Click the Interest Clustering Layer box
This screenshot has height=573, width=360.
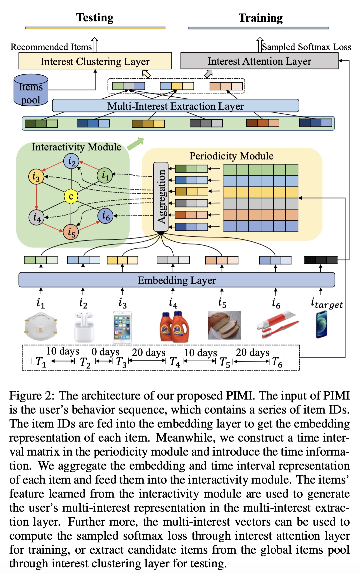(95, 61)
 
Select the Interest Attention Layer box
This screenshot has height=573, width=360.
(259, 61)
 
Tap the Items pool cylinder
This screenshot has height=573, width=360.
(31, 90)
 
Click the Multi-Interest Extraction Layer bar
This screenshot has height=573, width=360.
(175, 106)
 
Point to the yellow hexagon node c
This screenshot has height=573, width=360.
(71, 196)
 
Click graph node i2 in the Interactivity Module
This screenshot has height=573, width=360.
(71, 161)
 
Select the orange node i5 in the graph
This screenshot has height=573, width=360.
(71, 231)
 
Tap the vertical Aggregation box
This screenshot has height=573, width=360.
(161, 197)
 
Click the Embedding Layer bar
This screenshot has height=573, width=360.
(177, 280)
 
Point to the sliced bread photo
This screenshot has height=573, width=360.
(224, 326)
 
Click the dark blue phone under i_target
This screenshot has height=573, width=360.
(322, 324)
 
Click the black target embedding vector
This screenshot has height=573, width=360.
(321, 260)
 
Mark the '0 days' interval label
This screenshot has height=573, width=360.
(105, 352)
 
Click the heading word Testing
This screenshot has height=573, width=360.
(95, 18)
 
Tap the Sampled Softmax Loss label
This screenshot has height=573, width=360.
(306, 47)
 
